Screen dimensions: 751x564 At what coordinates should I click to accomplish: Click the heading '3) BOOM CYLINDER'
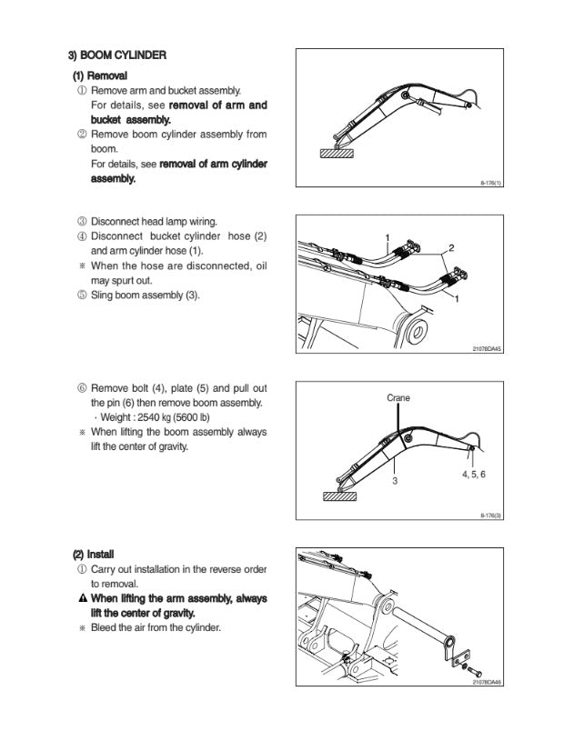(119, 55)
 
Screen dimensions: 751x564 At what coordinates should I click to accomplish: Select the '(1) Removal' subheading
(100, 75)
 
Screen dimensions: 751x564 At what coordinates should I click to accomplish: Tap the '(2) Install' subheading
(93, 554)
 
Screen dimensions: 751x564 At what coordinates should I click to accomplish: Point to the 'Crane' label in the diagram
(398, 397)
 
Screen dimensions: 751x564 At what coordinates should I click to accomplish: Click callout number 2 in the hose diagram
(452, 248)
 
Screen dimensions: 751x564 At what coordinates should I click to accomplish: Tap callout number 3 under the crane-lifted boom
(395, 481)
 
